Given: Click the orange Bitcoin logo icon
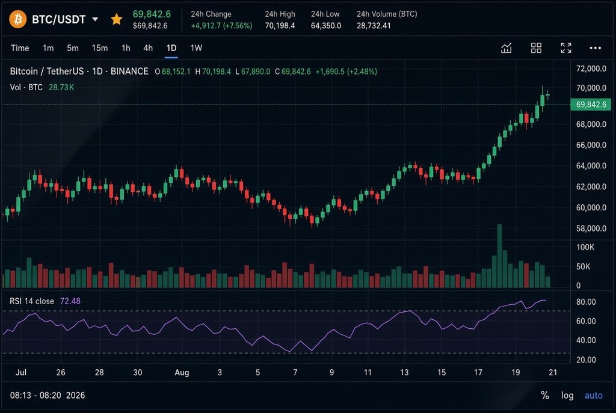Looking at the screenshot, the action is tap(17, 19).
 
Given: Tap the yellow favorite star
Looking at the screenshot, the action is tap(116, 19).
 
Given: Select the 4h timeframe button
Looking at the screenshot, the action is tap(148, 48).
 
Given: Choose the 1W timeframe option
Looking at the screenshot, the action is tap(196, 48).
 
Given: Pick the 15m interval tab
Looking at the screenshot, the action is tap(99, 48).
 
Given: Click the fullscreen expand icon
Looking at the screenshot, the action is tap(565, 48).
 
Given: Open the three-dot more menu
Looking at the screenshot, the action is tap(595, 48).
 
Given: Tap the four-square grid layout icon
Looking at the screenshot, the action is tap(536, 48).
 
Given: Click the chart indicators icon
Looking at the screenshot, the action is tap(506, 48).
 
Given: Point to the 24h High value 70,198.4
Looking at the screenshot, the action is tap(280, 25).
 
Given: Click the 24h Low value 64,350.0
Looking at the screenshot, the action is tap(325, 25).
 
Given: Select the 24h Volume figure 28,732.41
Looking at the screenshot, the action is tap(374, 25).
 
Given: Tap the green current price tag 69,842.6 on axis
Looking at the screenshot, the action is tap(591, 105).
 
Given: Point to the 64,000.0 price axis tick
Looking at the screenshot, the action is tap(591, 166).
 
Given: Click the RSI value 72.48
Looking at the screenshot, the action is tap(70, 301).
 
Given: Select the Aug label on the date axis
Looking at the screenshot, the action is tap(182, 372).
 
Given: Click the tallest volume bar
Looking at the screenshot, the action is tap(499, 256).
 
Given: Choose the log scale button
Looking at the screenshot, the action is tap(567, 395).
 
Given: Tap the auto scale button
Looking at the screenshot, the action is tap(593, 395).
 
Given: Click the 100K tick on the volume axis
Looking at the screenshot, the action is tap(585, 247).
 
